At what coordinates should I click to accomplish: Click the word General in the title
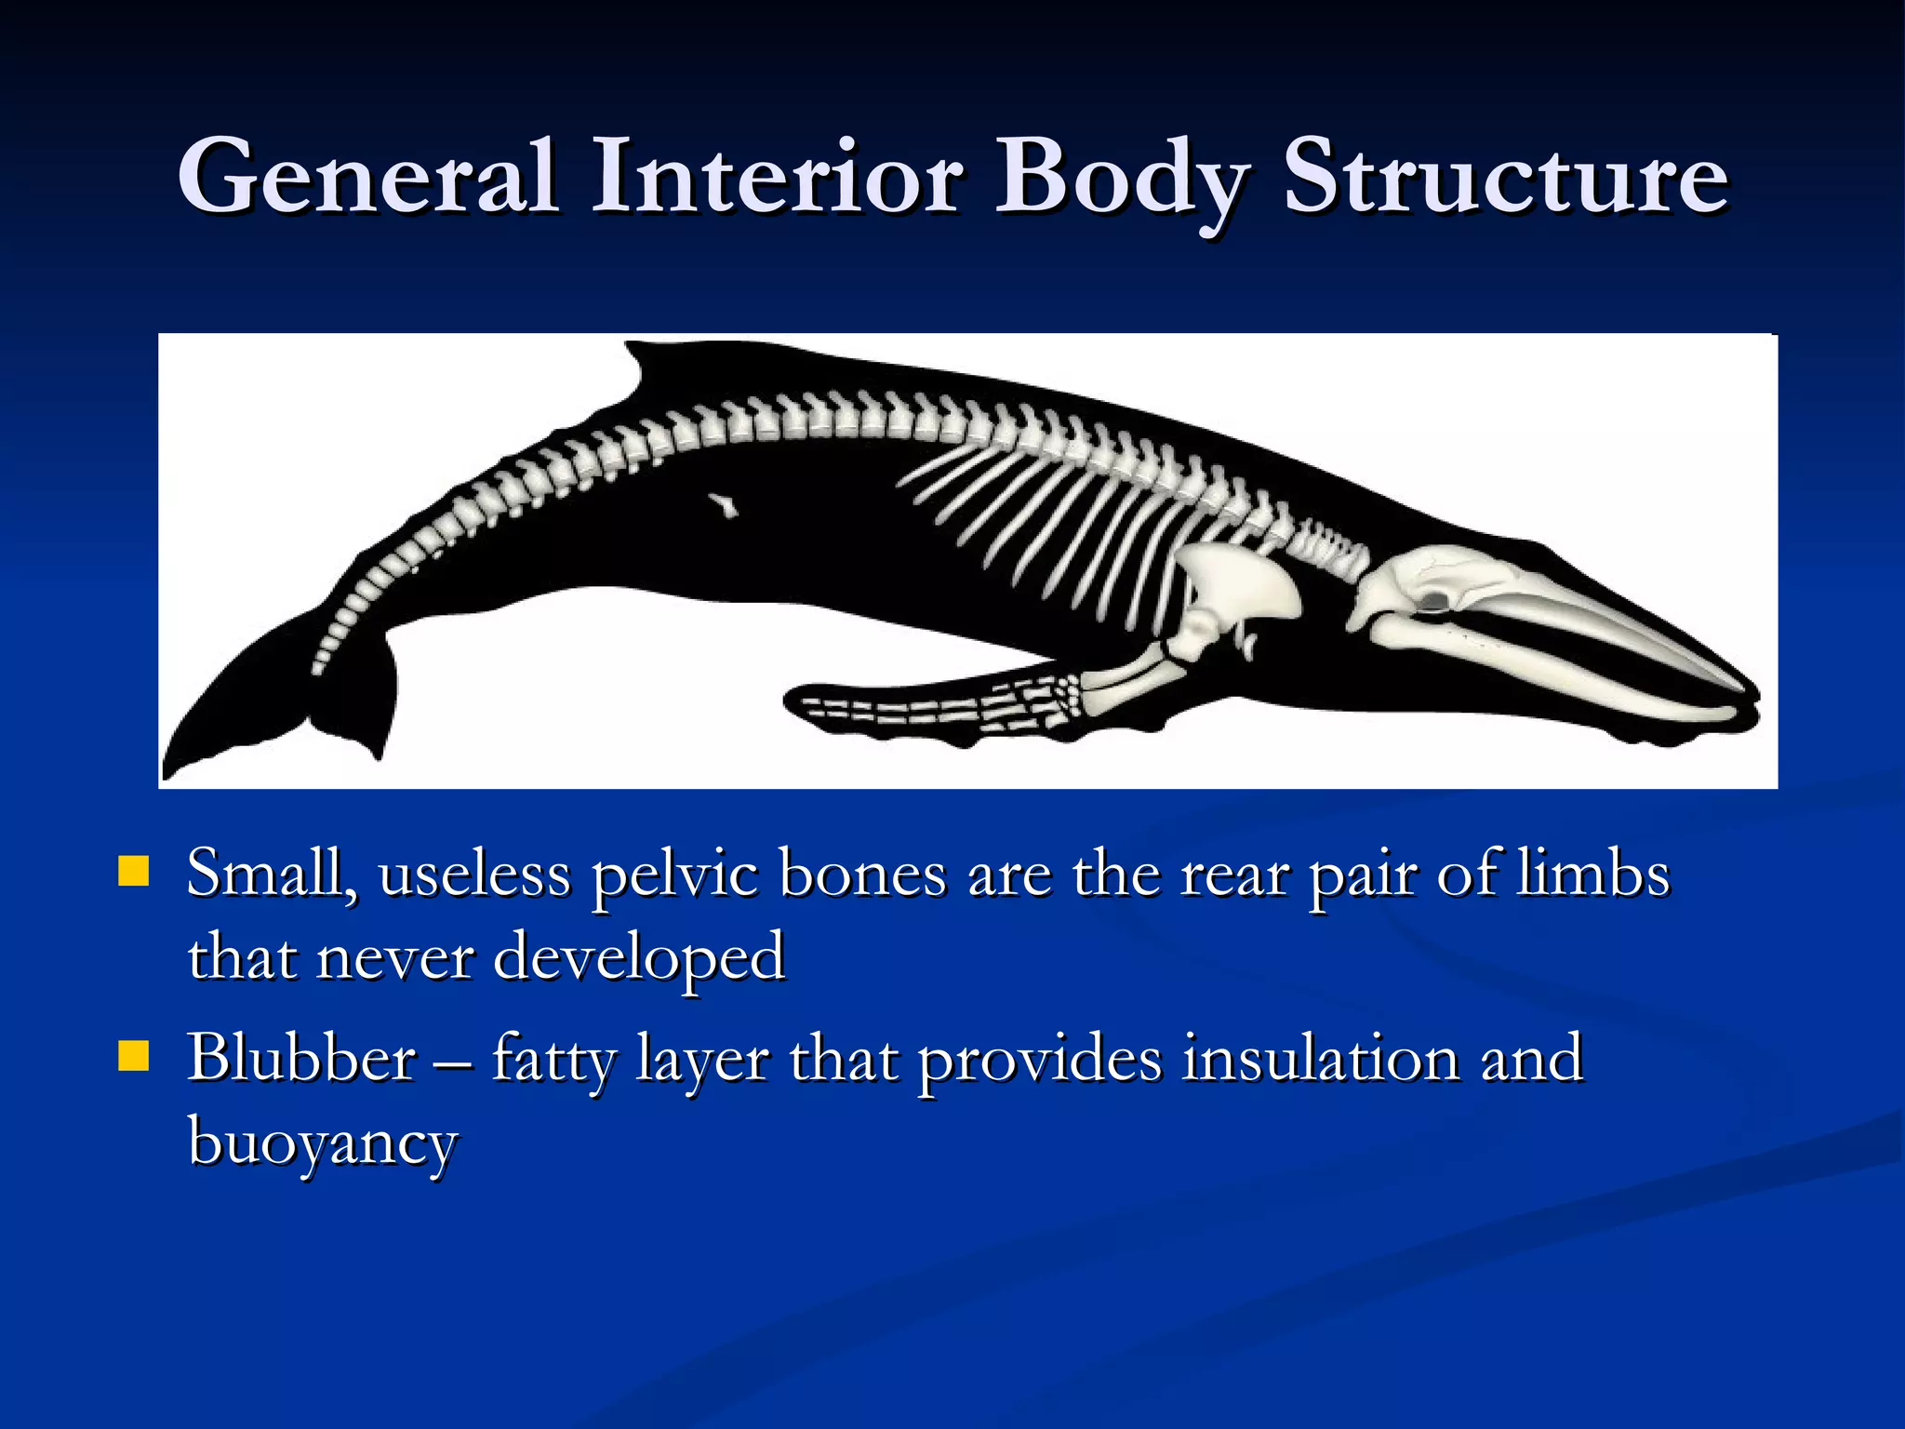point(368,177)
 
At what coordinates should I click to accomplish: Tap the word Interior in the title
point(778,177)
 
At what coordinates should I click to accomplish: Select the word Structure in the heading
point(1506,177)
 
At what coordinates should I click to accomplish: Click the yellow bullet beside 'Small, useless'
point(134,872)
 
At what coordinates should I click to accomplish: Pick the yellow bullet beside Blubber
point(134,1056)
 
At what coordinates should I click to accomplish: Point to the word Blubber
point(301,1058)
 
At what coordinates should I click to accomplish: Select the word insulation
point(1321,1058)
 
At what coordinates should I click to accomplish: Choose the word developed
point(639,958)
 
